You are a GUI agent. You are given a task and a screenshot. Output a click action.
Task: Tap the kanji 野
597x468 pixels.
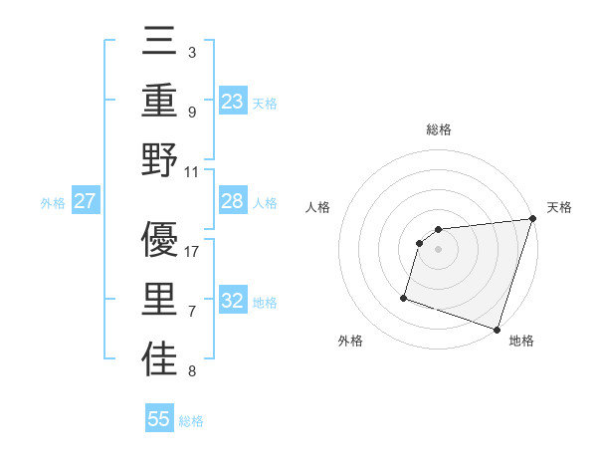pyautogui.click(x=159, y=162)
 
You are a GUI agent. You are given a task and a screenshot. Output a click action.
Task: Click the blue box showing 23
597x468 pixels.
pyautogui.click(x=233, y=101)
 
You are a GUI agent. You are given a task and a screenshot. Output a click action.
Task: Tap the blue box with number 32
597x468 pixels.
pyautogui.click(x=233, y=302)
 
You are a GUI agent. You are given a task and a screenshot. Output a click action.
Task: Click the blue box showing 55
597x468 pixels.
pyautogui.click(x=159, y=419)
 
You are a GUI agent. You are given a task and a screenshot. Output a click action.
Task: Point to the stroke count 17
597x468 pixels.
pyautogui.click(x=192, y=252)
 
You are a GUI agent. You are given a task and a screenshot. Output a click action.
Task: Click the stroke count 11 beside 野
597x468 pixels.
pyautogui.click(x=192, y=171)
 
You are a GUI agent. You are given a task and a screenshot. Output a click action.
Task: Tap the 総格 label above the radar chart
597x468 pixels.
pyautogui.click(x=439, y=129)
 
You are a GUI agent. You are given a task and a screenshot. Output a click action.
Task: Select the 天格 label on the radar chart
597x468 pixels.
pyautogui.click(x=559, y=207)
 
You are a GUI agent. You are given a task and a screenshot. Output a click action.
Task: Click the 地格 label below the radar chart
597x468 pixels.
pyautogui.click(x=521, y=341)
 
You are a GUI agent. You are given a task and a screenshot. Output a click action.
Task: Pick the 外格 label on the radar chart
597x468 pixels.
pyautogui.click(x=350, y=341)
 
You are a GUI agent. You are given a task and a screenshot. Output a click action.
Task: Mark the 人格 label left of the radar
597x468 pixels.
pyautogui.click(x=318, y=207)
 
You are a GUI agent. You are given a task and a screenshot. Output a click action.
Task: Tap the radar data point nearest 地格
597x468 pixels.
pyautogui.click(x=497, y=329)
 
